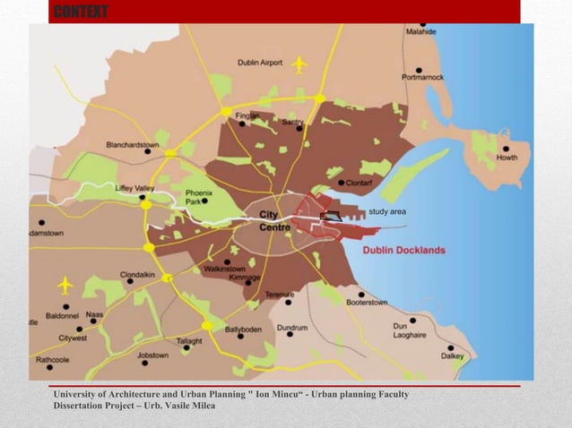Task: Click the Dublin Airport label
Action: (260, 63)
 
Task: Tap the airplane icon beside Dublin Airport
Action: (299, 64)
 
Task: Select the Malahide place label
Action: (421, 31)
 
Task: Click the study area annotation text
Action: (387, 211)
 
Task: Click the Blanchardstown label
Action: (133, 144)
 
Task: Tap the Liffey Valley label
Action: (135, 188)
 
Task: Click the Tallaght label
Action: (189, 341)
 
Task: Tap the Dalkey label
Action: (452, 355)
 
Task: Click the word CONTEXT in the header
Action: (81, 12)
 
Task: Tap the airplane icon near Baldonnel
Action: (64, 285)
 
